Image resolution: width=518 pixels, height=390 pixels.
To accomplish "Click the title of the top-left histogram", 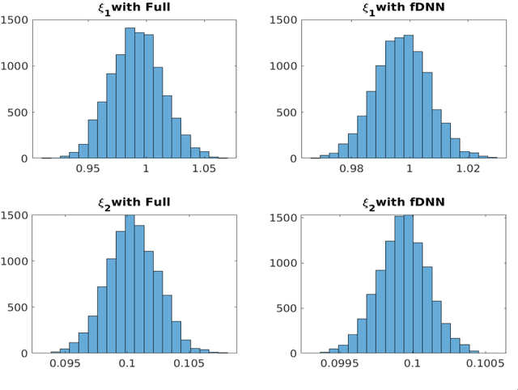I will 134,8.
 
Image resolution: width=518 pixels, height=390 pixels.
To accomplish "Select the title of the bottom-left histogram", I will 134,201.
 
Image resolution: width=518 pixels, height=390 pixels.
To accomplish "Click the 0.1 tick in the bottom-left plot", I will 127,365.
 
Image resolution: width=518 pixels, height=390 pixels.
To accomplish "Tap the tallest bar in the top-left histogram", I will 129,93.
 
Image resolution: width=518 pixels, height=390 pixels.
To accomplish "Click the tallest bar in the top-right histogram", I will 409,96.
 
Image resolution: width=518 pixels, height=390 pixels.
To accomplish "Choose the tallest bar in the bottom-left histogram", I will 129,283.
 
